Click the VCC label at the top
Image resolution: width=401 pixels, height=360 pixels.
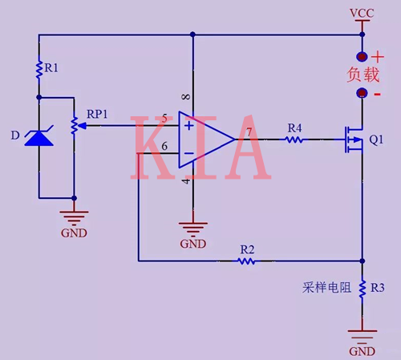point(363,14)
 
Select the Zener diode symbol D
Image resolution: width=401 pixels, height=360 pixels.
point(38,137)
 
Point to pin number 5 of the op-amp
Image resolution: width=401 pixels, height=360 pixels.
point(164,119)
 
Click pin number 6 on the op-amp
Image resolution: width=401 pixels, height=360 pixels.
point(164,146)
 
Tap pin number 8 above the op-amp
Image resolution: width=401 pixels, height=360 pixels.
point(186,98)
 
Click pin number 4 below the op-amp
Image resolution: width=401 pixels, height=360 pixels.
point(186,181)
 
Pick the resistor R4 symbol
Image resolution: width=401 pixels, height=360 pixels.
point(294,140)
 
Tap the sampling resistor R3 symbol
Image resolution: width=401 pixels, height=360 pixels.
point(363,287)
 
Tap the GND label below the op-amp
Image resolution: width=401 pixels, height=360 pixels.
point(192,243)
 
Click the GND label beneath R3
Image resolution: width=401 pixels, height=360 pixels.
point(363,351)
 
